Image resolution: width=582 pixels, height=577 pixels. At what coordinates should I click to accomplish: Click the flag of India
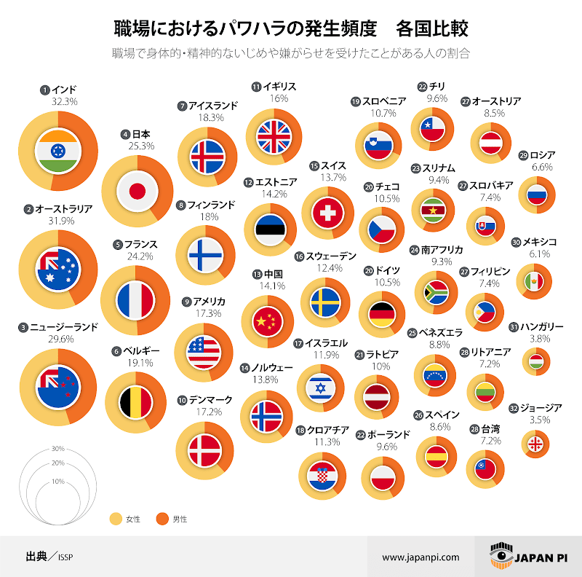click(x=57, y=150)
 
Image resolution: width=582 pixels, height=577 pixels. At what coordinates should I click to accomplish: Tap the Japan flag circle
click(x=137, y=192)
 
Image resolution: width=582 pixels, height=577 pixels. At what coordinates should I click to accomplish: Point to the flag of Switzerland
click(x=327, y=214)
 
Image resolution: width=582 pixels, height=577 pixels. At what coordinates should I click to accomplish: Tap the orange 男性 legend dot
click(x=159, y=519)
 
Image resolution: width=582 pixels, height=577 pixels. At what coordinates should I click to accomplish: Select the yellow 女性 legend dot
click(x=114, y=519)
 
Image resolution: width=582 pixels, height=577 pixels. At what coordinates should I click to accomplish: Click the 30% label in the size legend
click(x=58, y=449)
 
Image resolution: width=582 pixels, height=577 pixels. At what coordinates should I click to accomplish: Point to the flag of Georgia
click(x=535, y=444)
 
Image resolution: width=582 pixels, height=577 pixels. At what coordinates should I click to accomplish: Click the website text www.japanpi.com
click(x=421, y=557)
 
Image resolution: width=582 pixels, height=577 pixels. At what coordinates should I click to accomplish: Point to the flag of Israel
click(x=320, y=387)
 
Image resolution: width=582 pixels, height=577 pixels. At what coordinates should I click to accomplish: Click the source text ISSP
click(x=65, y=557)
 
